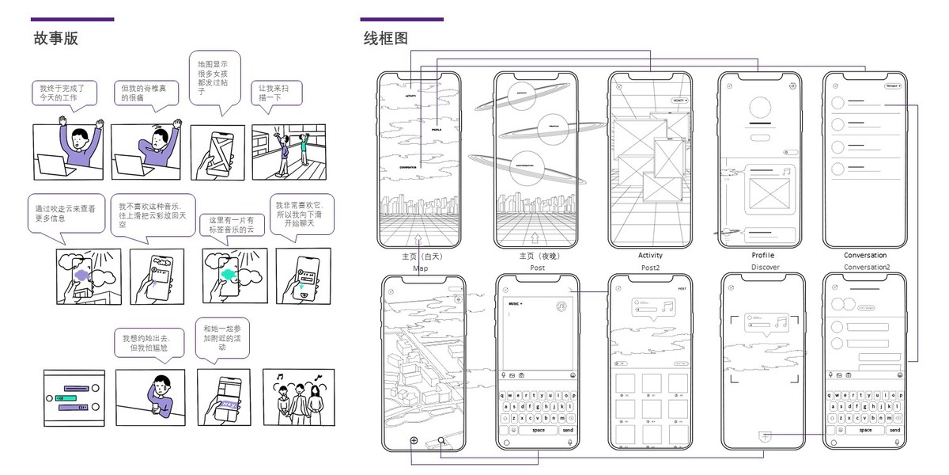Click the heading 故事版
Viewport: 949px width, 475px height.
click(x=55, y=38)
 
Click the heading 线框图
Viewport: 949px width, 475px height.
click(x=385, y=38)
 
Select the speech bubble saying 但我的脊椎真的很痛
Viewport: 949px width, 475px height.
click(x=146, y=93)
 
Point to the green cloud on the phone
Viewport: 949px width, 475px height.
click(x=229, y=274)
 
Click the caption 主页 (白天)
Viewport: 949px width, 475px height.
click(x=419, y=256)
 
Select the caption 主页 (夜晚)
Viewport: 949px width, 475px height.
click(x=536, y=256)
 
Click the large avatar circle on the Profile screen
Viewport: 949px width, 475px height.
click(x=759, y=110)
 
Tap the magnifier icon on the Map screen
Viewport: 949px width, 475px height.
click(x=441, y=442)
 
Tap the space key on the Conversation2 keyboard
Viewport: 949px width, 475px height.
click(x=865, y=430)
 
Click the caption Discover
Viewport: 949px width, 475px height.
click(x=766, y=268)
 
